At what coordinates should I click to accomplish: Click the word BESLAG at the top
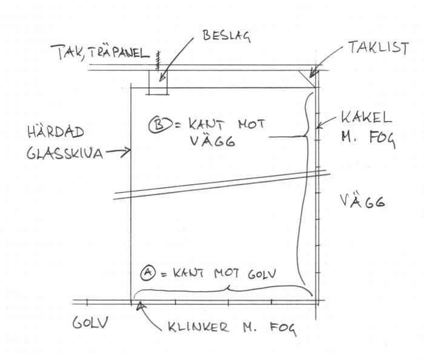pyautogui.click(x=227, y=36)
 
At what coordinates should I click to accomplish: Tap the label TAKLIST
pyautogui.click(x=379, y=48)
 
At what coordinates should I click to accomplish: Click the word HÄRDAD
pyautogui.click(x=56, y=132)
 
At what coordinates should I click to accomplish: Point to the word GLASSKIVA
pyautogui.click(x=65, y=154)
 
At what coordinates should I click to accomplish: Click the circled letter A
pyautogui.click(x=148, y=273)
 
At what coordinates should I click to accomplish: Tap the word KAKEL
pyautogui.click(x=366, y=117)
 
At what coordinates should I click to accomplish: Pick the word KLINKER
pyautogui.click(x=198, y=327)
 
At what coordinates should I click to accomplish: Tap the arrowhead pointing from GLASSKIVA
pyautogui.click(x=127, y=151)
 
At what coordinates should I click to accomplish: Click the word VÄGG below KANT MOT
pyautogui.click(x=213, y=141)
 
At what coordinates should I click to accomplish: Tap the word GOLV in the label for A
pyautogui.click(x=262, y=273)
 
